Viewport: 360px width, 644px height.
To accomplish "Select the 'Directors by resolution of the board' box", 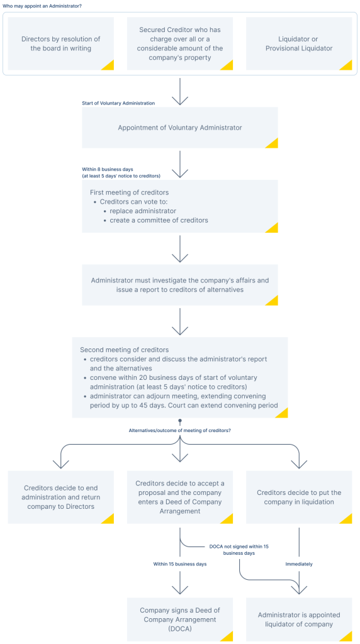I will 60,43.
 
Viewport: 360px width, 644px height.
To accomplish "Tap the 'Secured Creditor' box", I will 180,43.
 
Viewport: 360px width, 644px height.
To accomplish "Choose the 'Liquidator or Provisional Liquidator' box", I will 299,43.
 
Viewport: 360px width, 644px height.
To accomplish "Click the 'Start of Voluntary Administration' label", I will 118,103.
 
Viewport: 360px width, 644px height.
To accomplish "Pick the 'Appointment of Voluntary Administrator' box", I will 180,128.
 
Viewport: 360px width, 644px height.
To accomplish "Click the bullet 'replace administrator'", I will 143,211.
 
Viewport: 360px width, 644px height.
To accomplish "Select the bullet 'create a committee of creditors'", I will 159,220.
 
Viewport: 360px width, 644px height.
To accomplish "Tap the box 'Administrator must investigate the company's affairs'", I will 180,285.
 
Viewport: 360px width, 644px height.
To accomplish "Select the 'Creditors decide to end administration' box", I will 60,497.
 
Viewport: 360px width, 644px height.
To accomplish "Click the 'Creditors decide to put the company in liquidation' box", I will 299,497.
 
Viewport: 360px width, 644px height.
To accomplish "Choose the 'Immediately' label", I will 299,564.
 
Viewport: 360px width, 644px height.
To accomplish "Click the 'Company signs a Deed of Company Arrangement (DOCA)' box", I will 180,619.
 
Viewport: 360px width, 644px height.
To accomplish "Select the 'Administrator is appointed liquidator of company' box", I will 299,619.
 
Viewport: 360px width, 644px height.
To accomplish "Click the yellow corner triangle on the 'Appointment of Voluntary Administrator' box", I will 273,143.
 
